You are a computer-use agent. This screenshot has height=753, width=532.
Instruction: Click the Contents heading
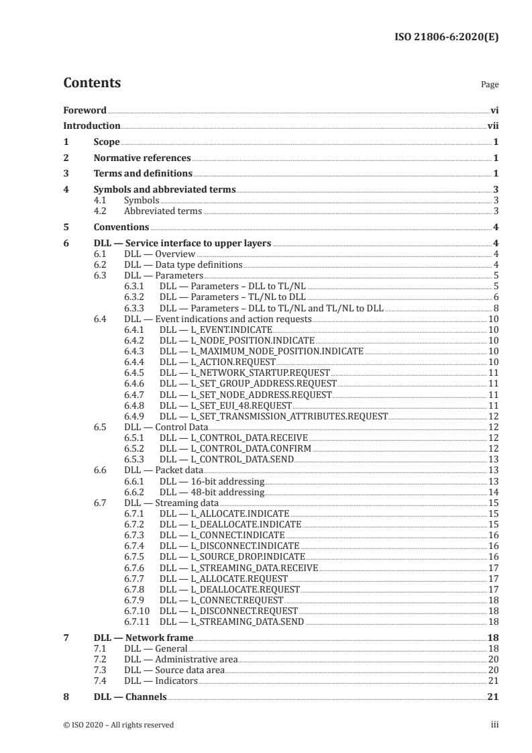92,83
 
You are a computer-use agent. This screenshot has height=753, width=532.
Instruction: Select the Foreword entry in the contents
85,109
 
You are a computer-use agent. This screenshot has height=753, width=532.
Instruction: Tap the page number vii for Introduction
492,125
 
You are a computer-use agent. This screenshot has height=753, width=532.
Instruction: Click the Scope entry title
107,142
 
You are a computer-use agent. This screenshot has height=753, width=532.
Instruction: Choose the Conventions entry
121,227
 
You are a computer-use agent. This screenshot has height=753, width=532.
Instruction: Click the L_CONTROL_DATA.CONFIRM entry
234,448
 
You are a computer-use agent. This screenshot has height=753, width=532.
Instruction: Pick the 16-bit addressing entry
212,481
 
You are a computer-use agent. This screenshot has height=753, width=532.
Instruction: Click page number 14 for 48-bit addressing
492,492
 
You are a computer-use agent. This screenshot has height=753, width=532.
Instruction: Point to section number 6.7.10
137,610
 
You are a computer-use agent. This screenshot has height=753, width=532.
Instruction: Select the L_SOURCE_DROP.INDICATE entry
232,556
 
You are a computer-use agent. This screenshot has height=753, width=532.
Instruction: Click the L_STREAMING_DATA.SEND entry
231,621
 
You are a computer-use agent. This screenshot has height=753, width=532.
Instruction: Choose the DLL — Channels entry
130,697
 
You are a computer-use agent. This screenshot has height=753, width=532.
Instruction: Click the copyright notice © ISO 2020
118,725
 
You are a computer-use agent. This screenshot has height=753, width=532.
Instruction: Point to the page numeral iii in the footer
494,725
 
